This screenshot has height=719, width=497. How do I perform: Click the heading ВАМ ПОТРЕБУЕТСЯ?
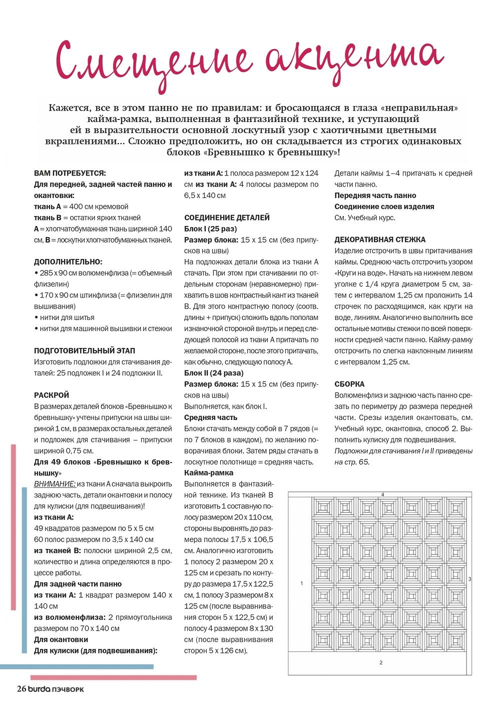[70, 173]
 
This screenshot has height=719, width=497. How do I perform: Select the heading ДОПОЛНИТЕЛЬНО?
[68, 261]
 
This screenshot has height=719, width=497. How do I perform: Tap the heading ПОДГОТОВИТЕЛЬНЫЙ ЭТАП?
[85, 350]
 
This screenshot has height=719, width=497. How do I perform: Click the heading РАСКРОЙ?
[52, 395]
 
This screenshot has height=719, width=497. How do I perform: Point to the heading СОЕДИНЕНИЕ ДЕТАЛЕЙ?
[227, 217]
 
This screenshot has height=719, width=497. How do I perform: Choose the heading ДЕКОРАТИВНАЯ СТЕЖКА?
[380, 239]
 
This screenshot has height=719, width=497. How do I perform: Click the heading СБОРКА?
[349, 384]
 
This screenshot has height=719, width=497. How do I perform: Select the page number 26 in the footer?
[21, 689]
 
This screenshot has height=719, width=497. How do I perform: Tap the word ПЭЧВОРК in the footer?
[68, 689]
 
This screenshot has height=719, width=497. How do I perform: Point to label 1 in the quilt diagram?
[301, 583]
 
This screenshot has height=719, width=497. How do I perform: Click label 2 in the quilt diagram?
[381, 662]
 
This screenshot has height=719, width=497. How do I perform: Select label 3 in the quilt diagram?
[469, 579]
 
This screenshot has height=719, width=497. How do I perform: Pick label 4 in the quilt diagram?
[382, 494]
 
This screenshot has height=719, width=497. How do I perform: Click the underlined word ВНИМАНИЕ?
[55, 483]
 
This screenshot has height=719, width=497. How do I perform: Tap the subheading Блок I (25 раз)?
[210, 228]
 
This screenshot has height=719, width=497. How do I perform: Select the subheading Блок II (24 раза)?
[214, 373]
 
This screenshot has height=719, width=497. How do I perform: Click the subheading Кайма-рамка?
[209, 472]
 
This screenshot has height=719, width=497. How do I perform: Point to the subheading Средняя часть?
[211, 417]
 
